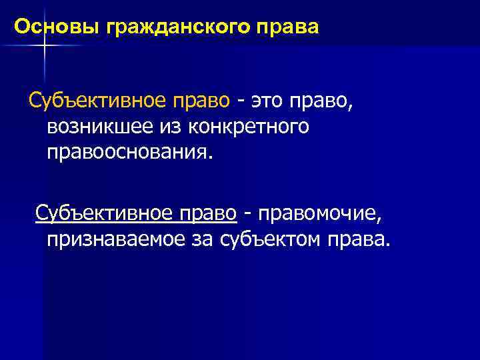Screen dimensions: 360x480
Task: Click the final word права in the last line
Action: (x=357, y=239)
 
